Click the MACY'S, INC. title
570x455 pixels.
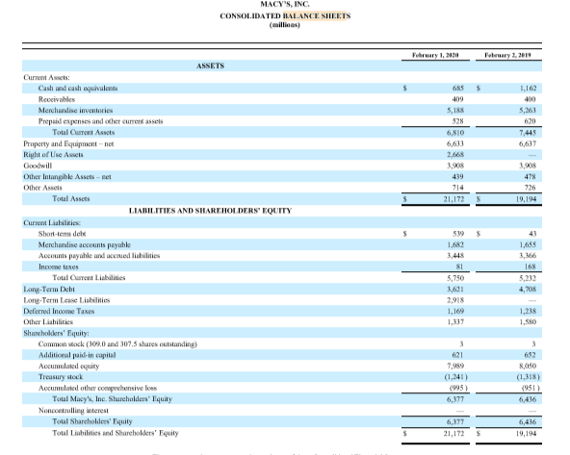[x=285, y=6]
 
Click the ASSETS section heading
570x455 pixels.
[x=210, y=67]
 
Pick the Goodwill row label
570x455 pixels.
[x=38, y=165]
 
